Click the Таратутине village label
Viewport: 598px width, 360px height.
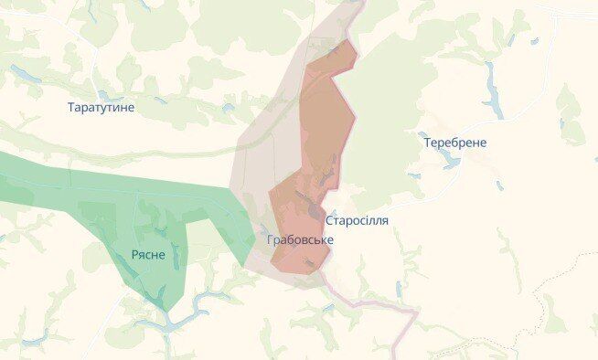pos(101,107)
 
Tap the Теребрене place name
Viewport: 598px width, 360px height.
pos(454,143)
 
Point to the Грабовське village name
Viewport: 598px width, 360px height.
pos(300,239)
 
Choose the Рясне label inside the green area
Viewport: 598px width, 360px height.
pos(148,254)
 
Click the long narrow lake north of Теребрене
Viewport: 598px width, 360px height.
pos(494,91)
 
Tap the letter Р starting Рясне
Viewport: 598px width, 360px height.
pos(133,255)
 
